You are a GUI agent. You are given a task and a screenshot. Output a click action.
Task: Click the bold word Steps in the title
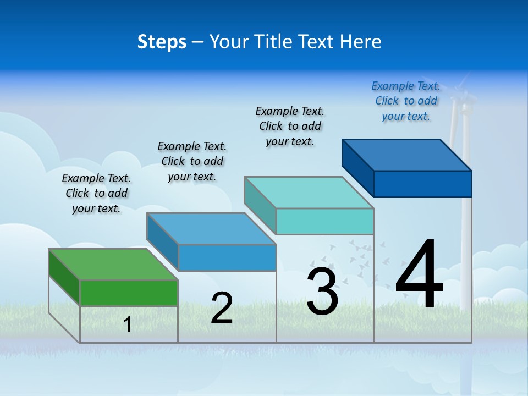tap(162, 42)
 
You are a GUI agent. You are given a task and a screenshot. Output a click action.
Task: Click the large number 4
tap(419, 275)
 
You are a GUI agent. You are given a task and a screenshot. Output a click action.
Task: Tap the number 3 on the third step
tap(322, 291)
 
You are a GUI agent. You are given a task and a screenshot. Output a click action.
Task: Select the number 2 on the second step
tap(222, 308)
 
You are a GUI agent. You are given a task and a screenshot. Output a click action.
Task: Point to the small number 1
tap(128, 324)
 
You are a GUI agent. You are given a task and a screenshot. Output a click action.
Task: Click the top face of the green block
tap(113, 265)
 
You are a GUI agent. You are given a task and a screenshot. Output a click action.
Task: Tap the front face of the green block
tap(129, 293)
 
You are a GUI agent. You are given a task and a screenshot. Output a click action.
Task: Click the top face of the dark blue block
tap(407, 155)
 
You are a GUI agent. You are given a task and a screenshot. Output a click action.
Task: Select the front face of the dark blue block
tap(422, 184)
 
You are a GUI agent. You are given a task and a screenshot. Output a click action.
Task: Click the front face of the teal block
tap(324, 221)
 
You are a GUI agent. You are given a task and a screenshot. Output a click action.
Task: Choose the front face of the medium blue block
tap(227, 257)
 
